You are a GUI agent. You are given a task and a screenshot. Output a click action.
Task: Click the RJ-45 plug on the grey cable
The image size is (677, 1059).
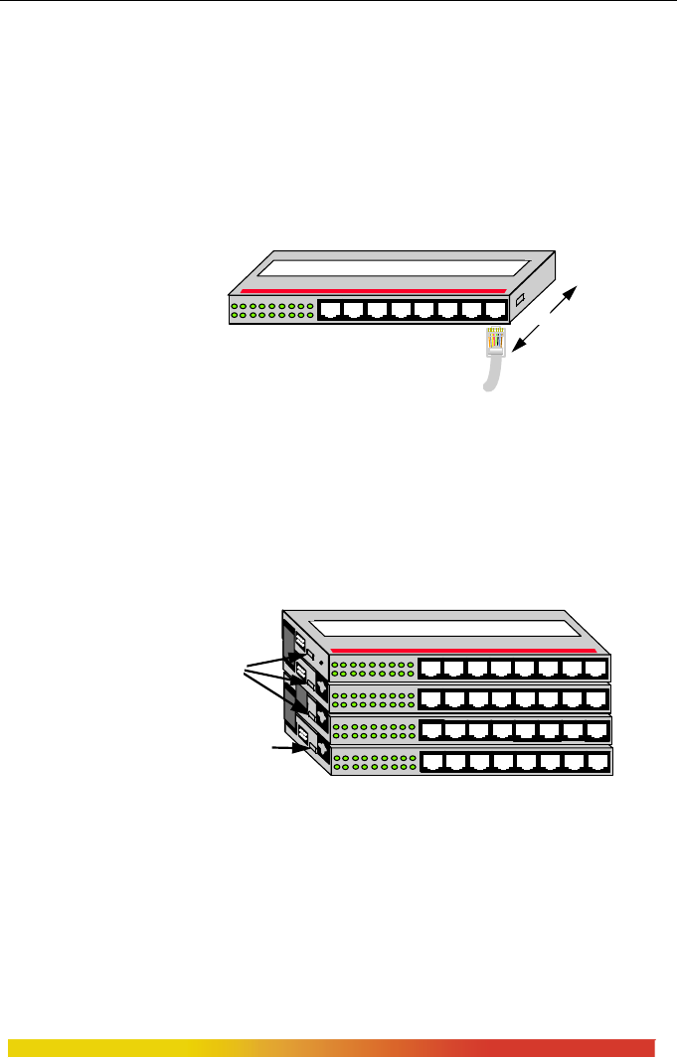pos(496,342)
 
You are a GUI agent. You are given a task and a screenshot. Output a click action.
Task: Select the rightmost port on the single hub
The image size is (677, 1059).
pos(495,309)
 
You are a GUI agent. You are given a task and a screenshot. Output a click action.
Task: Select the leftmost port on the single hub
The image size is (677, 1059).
pos(330,309)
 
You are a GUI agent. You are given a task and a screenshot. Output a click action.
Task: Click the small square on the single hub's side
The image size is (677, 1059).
pos(519,299)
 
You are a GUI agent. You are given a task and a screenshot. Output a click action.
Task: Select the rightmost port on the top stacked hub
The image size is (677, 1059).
pos(595,669)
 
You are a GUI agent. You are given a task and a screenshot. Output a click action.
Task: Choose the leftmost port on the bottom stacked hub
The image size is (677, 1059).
pos(433,763)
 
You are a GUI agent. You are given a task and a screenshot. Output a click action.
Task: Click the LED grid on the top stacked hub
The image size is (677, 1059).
pos(370,669)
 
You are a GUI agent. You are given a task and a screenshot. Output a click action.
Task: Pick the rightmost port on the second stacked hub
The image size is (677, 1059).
pos(595,698)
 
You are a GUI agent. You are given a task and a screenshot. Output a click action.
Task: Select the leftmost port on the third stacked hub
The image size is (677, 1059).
pos(433,732)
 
